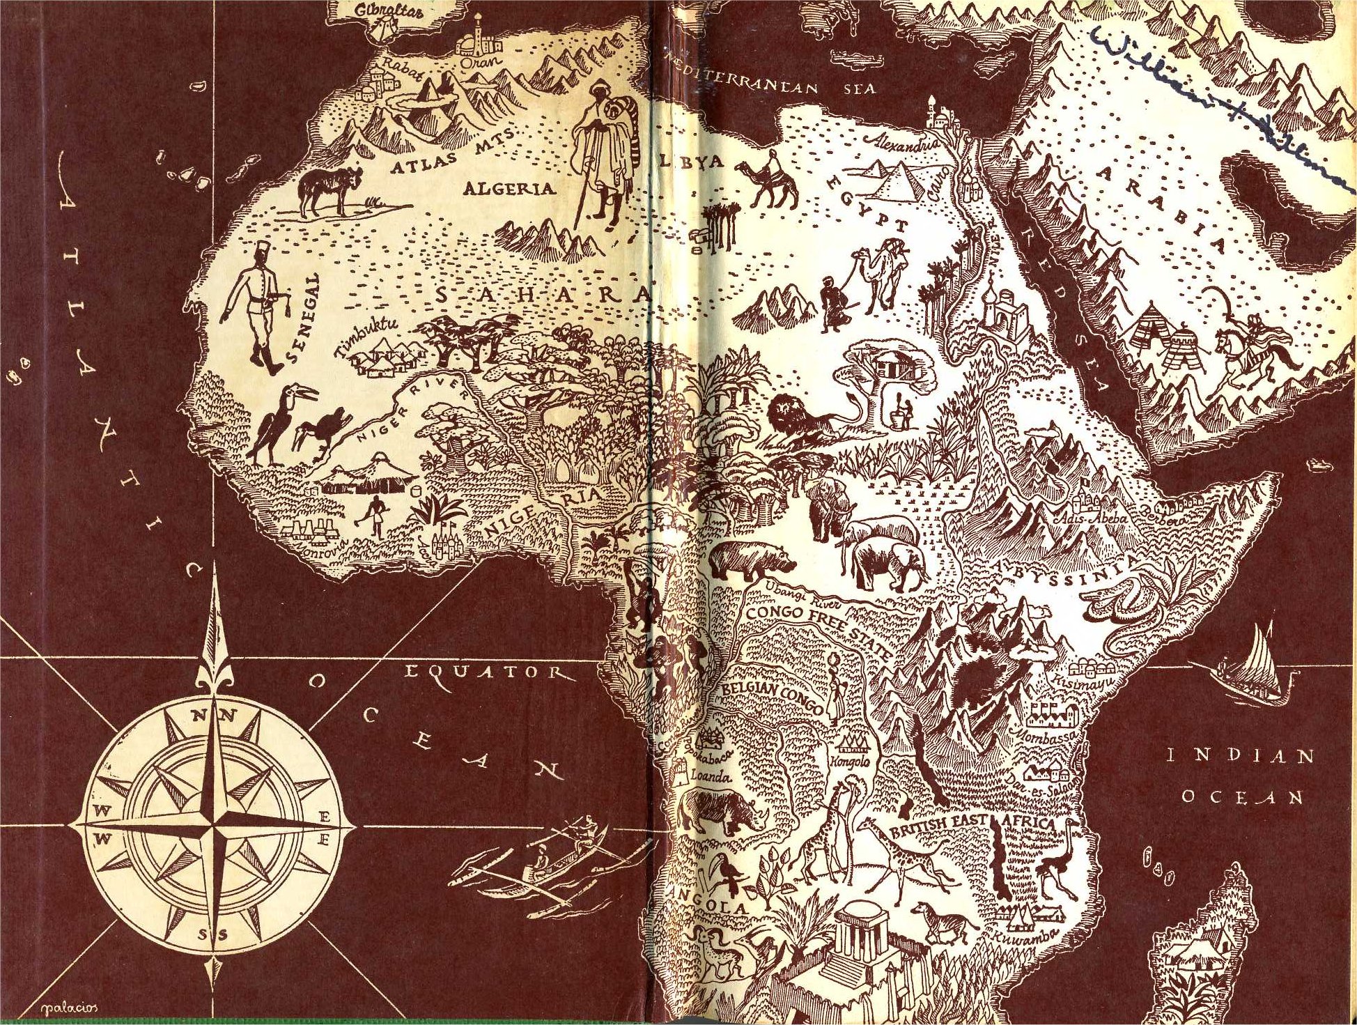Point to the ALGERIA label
pos(509,188)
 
